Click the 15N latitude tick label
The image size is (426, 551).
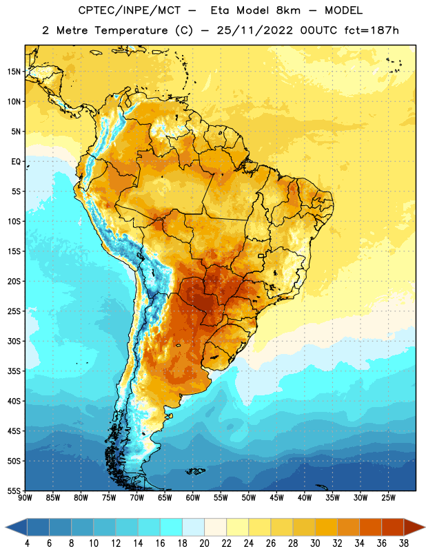(x=14, y=72)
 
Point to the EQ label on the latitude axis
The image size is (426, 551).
(x=16, y=162)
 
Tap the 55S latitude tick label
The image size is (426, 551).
(x=14, y=491)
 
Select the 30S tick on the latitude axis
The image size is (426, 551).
(x=14, y=341)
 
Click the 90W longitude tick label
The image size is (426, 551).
(x=25, y=498)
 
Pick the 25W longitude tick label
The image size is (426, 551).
(x=388, y=498)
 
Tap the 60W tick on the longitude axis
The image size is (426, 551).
(x=193, y=498)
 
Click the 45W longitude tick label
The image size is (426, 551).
(x=276, y=498)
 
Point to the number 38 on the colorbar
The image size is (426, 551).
(x=404, y=543)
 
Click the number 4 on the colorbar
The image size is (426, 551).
(x=27, y=543)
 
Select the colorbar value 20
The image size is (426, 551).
(x=204, y=543)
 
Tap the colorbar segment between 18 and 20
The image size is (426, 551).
(x=193, y=528)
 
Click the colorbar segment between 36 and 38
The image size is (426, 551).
(x=393, y=528)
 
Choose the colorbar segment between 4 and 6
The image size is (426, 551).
(x=38, y=528)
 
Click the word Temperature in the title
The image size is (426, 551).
(x=131, y=30)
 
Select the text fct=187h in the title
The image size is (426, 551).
(x=372, y=30)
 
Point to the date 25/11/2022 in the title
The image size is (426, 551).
(x=254, y=30)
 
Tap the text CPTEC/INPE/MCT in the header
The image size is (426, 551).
(x=129, y=10)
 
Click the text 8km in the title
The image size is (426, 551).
(x=288, y=10)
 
